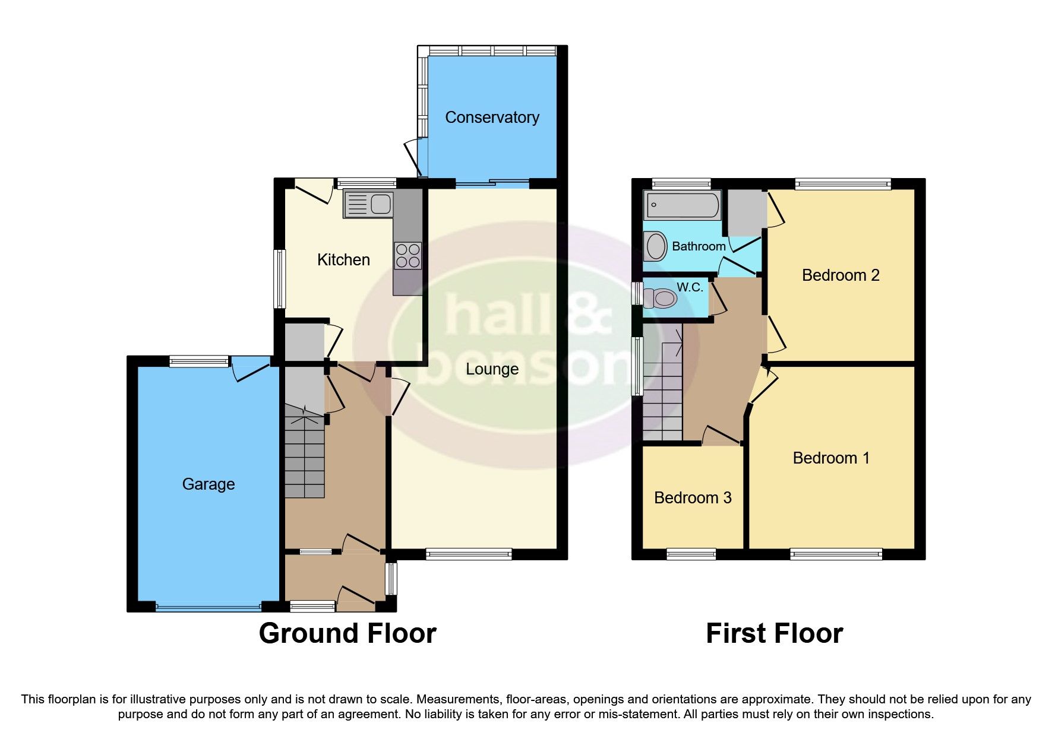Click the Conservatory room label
click(492, 118)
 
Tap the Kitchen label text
click(343, 260)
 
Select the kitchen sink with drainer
click(368, 204)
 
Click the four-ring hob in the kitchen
click(407, 256)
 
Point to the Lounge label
click(492, 369)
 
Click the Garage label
click(208, 484)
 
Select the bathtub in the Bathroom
click(682, 205)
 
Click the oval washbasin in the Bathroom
click(656, 246)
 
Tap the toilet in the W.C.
click(661, 297)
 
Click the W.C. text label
click(690, 287)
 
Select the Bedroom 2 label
click(840, 275)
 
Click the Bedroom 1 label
click(831, 458)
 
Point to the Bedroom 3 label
click(693, 498)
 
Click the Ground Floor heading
click(347, 633)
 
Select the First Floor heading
click(774, 633)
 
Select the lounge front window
click(469, 554)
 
